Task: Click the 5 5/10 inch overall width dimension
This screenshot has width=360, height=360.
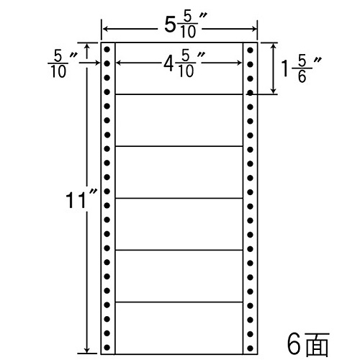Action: pos(186,25)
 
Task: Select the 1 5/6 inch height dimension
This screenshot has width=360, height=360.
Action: pos(302,70)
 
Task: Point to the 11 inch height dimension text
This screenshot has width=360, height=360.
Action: pos(81,199)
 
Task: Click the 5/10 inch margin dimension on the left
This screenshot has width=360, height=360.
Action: pos(62,64)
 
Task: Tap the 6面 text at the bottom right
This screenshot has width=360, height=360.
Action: pos(308,344)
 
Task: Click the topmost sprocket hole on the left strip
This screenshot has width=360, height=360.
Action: pos(107,50)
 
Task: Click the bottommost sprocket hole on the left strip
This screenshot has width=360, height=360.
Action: pos(107,347)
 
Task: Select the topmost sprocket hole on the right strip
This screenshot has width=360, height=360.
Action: pos(250,50)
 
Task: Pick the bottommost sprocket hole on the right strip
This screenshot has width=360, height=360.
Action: pos(250,348)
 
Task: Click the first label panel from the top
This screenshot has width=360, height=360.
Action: pos(179,68)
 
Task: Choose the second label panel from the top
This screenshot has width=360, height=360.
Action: pos(179,120)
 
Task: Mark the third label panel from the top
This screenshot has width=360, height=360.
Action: pos(179,172)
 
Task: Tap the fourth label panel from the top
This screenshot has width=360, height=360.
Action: pos(179,224)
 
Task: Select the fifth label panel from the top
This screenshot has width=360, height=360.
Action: pos(179,276)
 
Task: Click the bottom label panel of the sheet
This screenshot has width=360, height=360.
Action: pos(179,328)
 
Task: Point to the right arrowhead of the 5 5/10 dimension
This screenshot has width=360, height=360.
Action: pos(254,29)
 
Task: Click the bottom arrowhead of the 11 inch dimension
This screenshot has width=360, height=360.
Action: pos(87,351)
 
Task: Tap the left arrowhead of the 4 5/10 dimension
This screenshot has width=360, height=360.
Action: pos(119,63)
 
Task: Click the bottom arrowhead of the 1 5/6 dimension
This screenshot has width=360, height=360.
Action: pos(273,91)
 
